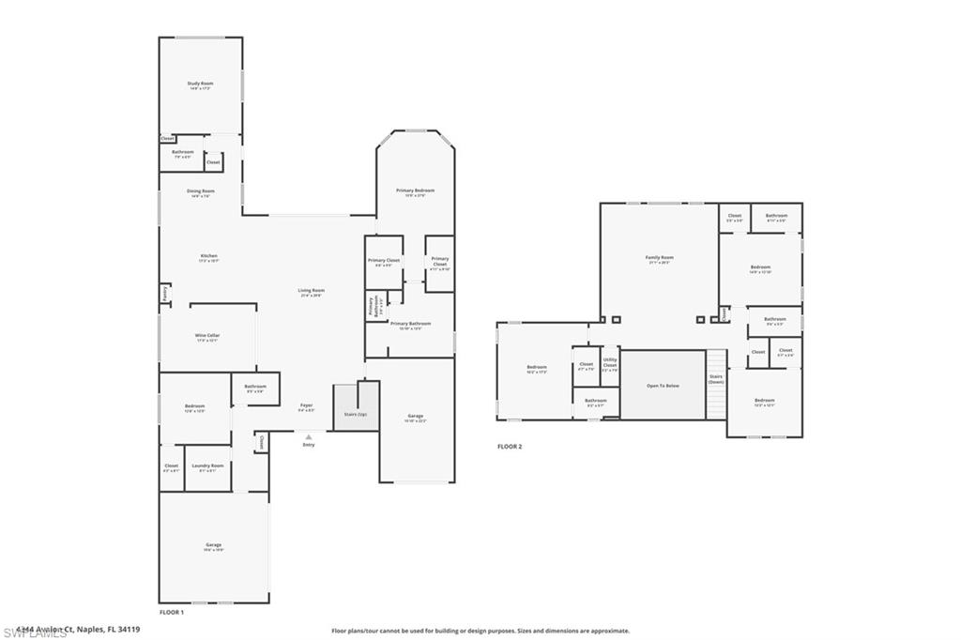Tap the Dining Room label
pyautogui.click(x=200, y=192)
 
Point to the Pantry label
pyautogui.click(x=165, y=294)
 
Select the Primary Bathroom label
pyautogui.click(x=410, y=325)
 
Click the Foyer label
pyautogui.click(x=307, y=406)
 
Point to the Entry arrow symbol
pyautogui.click(x=309, y=436)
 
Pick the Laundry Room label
pyautogui.click(x=207, y=466)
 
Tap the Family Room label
pyautogui.click(x=659, y=259)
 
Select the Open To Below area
pyautogui.click(x=664, y=385)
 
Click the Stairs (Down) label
pyautogui.click(x=716, y=380)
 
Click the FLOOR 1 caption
pyautogui.click(x=171, y=611)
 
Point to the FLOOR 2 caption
pyautogui.click(x=510, y=447)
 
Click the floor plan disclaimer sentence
pyautogui.click(x=480, y=631)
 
